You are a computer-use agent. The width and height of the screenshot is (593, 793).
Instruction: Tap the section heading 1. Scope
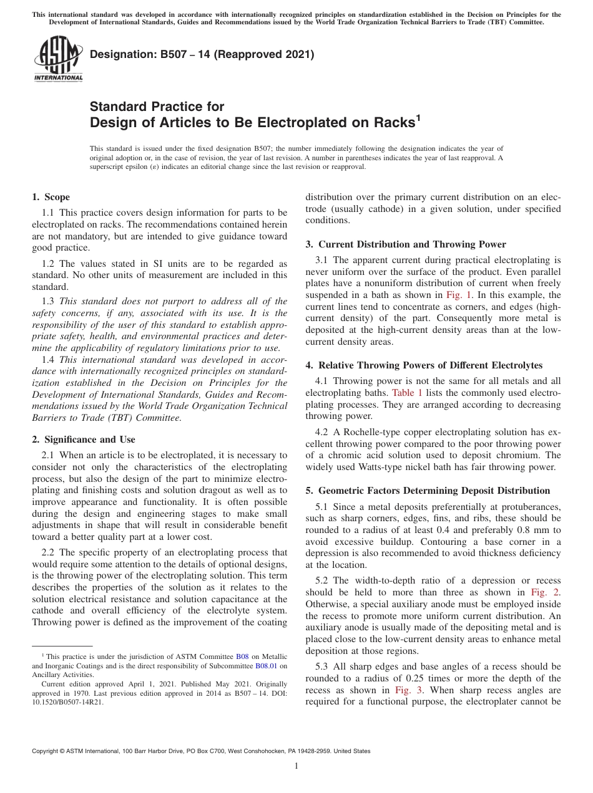51,197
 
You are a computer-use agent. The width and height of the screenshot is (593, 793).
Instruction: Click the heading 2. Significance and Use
83,440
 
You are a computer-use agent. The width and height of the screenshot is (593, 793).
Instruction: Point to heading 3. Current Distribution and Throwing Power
406,244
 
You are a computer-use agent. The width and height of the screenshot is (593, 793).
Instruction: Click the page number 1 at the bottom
296,766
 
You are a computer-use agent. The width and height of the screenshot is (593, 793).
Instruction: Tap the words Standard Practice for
157,107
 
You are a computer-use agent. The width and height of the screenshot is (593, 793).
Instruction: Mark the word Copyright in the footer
46,751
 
